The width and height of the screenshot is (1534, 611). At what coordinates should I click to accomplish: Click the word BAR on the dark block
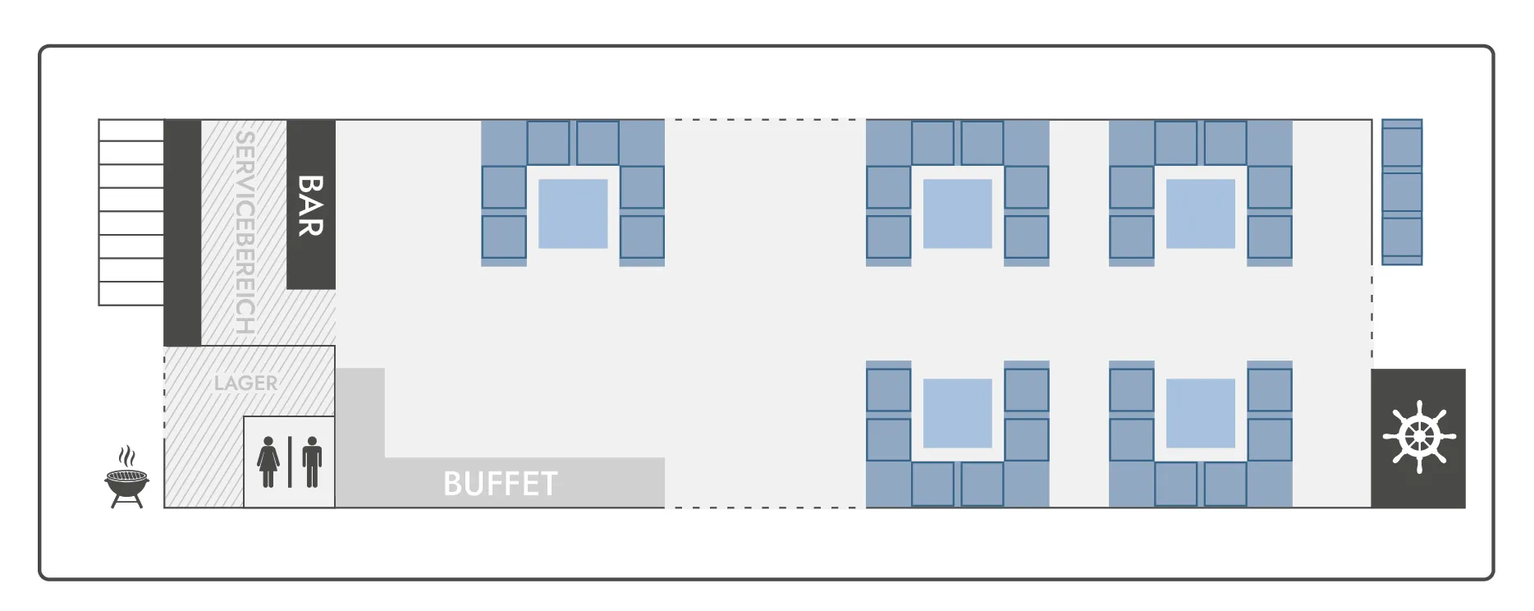310,205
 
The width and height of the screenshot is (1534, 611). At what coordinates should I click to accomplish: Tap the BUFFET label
500,484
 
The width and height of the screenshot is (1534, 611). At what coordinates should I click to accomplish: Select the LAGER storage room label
245,383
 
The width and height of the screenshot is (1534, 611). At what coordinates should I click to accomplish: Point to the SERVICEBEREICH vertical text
245,232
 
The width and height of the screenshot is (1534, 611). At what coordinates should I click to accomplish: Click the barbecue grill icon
127,478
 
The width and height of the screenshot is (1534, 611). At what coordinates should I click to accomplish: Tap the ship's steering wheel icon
1419,437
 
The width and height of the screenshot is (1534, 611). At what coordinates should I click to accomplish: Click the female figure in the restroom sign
268,462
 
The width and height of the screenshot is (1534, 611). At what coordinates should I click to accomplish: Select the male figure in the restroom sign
312,462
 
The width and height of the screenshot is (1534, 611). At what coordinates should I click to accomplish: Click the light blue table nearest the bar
573,214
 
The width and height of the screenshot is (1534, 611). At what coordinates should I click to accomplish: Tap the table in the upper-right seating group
1200,214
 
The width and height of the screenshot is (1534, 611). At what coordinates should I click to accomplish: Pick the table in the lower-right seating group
1200,413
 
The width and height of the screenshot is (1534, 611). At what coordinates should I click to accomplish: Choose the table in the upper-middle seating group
957,214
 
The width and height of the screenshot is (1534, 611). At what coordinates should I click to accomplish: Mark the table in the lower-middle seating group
957,413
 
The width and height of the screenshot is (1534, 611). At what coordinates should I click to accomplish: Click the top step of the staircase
131,131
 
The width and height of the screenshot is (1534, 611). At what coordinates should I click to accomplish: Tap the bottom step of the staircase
131,293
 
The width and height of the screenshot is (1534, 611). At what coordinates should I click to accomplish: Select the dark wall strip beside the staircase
182,232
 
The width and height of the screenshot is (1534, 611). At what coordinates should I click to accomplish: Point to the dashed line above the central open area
765,120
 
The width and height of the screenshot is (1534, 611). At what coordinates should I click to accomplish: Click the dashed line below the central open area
765,508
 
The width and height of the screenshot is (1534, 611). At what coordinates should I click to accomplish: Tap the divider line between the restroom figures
290,462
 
